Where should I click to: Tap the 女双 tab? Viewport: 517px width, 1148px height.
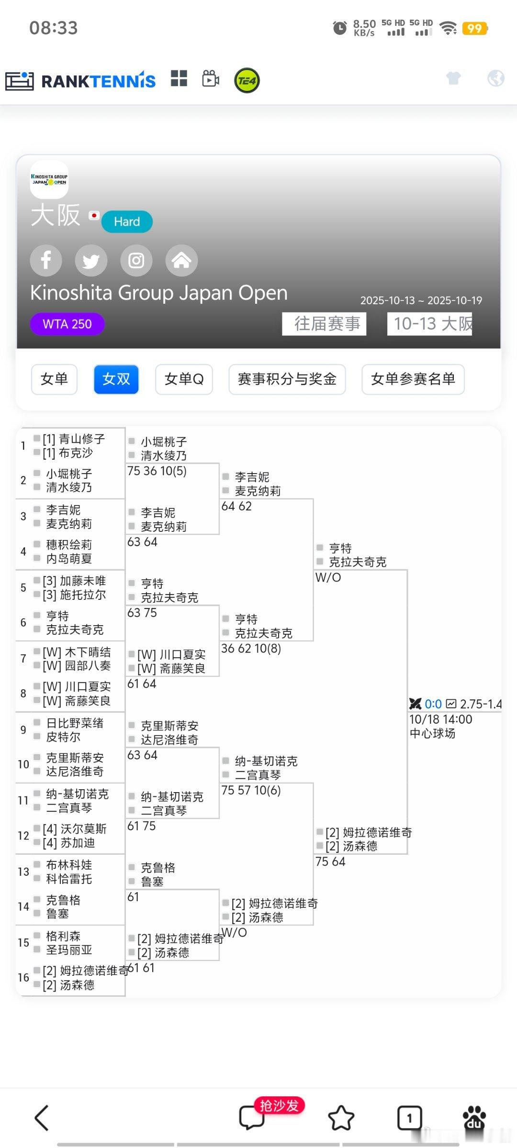(116, 379)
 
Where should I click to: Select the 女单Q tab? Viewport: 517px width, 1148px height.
(184, 379)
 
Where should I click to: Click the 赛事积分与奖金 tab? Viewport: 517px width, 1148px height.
(287, 379)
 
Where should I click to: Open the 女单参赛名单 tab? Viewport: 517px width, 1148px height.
(413, 379)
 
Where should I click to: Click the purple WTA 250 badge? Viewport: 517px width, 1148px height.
(67, 324)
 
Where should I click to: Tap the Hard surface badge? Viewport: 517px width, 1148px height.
(127, 222)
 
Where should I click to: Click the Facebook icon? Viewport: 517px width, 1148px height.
(46, 261)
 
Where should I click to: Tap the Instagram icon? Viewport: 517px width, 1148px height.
(136, 261)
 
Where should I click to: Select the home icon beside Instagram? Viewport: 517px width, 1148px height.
(181, 261)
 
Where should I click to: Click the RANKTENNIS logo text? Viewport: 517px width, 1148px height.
(98, 81)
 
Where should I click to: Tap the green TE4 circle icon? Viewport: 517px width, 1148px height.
(247, 80)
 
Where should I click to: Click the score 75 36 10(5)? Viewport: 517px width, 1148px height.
(157, 471)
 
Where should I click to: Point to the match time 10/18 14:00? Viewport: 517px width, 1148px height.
(440, 719)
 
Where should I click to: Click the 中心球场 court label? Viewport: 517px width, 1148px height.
(432, 733)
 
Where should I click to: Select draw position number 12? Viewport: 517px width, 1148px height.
(23, 836)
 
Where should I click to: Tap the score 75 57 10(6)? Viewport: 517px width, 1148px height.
(251, 790)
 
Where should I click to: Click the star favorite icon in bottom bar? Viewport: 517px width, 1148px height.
(341, 1118)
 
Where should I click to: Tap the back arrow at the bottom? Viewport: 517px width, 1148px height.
(42, 1118)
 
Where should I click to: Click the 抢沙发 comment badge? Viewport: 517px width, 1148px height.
(279, 1106)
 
